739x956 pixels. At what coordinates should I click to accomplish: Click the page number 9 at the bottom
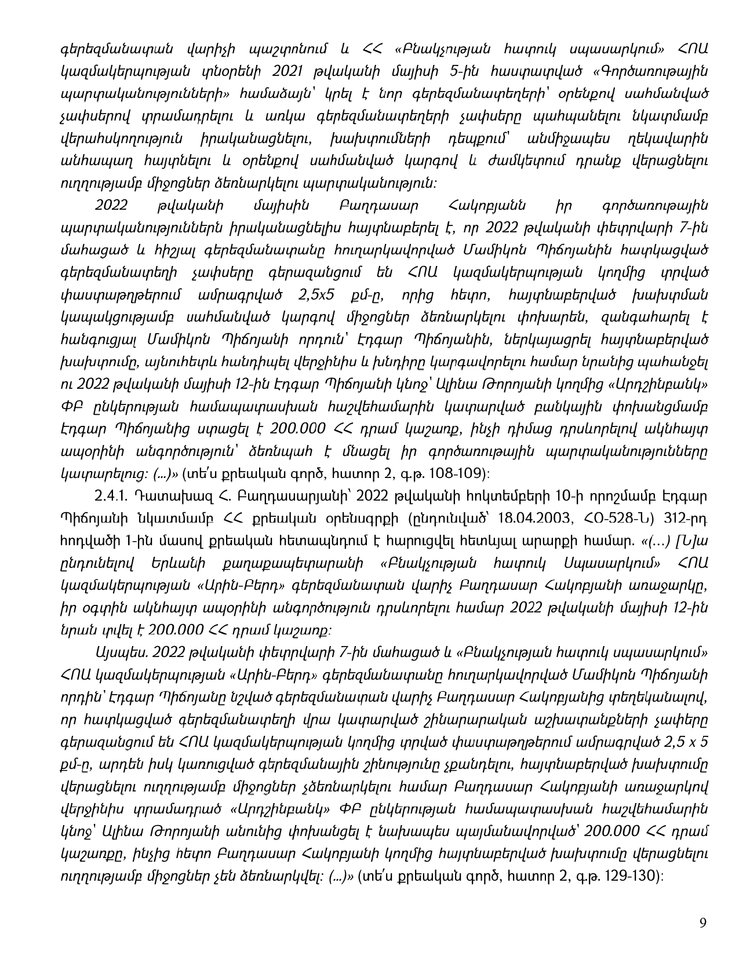tap(703, 923)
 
